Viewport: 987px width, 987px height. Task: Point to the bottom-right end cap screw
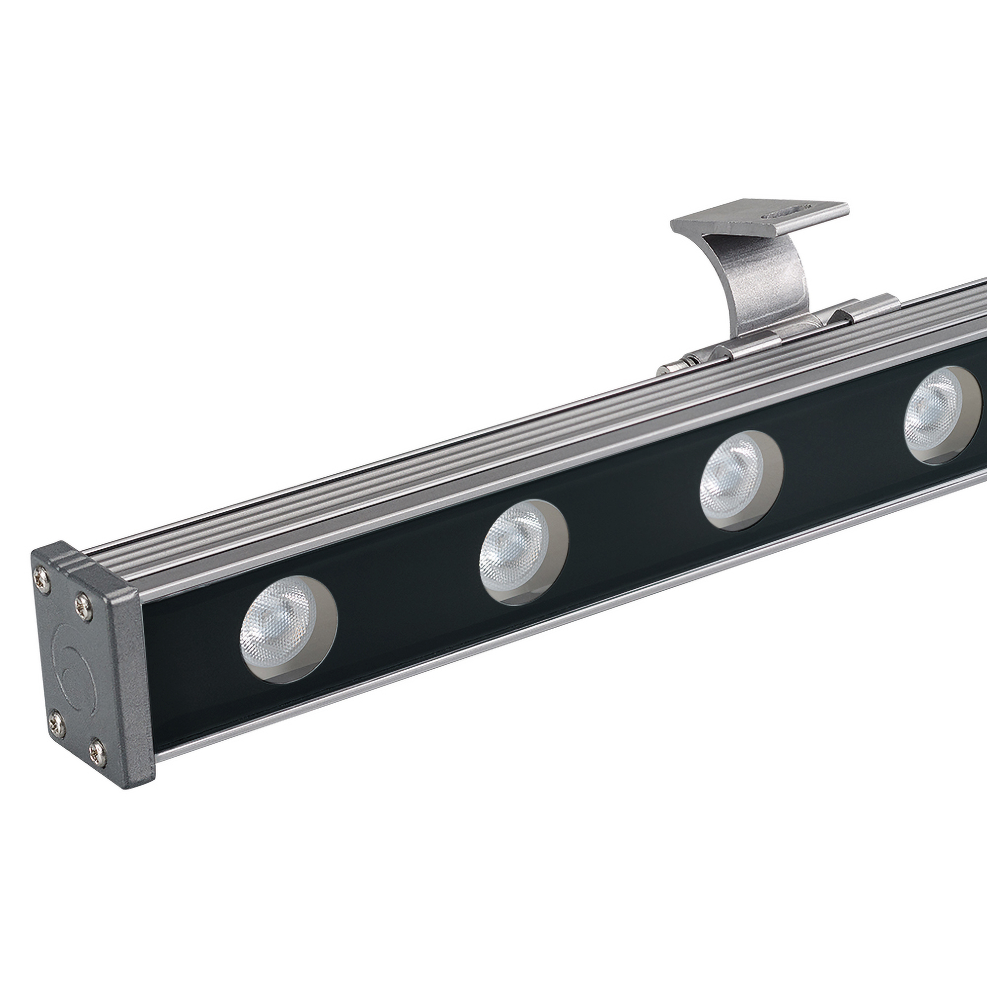(x=98, y=751)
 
